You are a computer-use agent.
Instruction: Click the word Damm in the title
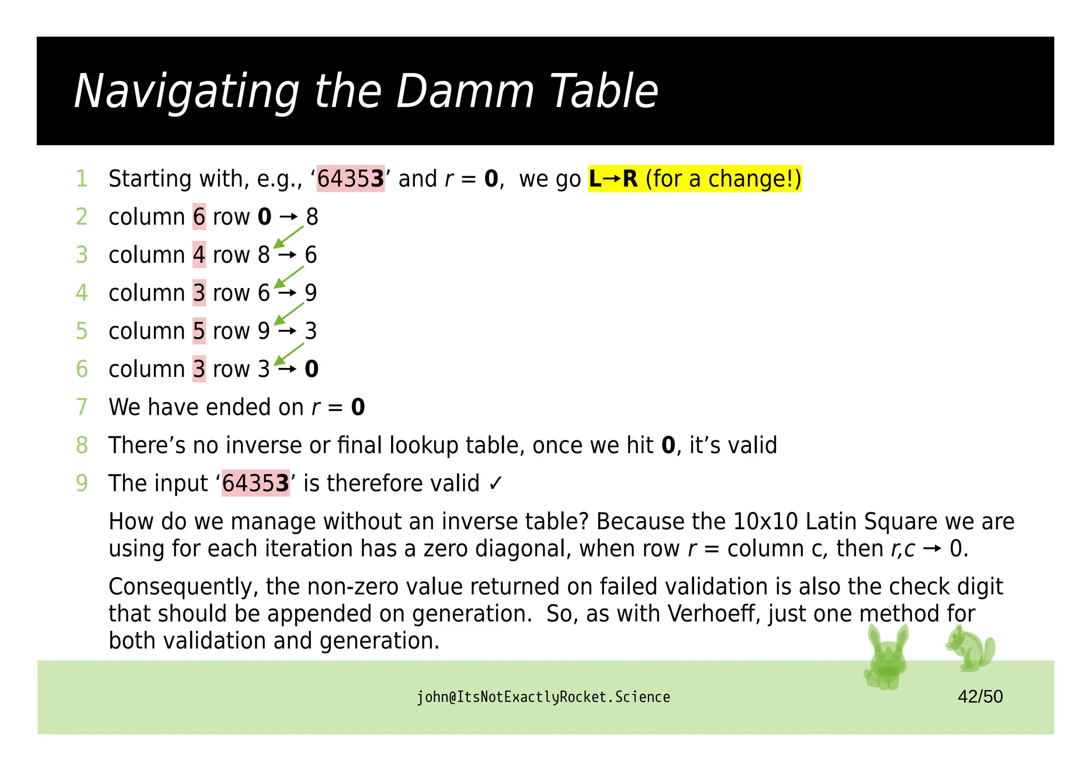(x=465, y=92)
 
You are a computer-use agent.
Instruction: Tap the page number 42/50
(x=980, y=696)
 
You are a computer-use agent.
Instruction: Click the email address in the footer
(x=543, y=697)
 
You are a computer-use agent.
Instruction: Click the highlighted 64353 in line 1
(x=351, y=179)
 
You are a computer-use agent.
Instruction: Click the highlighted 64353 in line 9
(x=256, y=483)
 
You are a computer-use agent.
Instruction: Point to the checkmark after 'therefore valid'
(x=495, y=483)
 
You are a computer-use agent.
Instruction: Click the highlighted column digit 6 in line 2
(x=199, y=217)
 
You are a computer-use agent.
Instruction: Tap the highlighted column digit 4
(x=199, y=255)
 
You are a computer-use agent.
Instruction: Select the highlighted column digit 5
(x=199, y=331)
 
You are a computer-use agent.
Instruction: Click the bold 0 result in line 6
(x=312, y=369)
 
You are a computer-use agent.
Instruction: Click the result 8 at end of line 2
(x=312, y=217)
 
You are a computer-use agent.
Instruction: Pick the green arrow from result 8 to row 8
(x=288, y=237)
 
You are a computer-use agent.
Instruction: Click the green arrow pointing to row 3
(x=288, y=354)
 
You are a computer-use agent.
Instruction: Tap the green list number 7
(x=82, y=407)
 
